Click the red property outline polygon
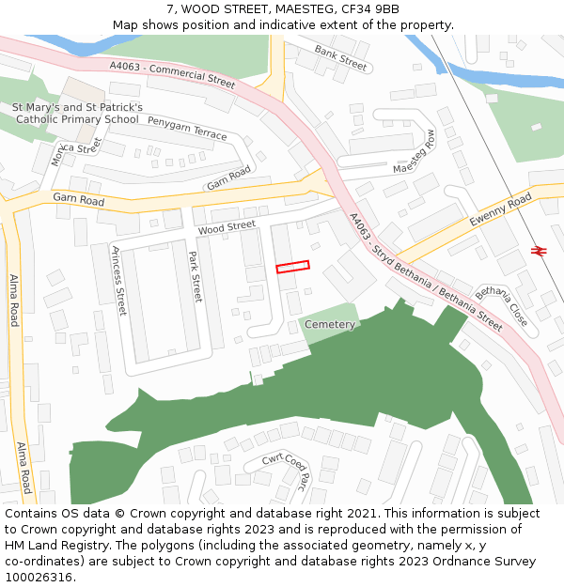[x=292, y=267]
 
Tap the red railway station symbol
[x=539, y=250]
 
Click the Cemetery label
[x=330, y=324]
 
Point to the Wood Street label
[x=227, y=227]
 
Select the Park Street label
[x=196, y=276]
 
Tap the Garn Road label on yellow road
[x=78, y=199]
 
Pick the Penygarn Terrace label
[x=187, y=129]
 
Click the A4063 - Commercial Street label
[x=172, y=75]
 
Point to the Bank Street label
[x=340, y=57]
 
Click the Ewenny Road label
[x=501, y=215]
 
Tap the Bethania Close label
[x=501, y=306]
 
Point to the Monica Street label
[x=75, y=151]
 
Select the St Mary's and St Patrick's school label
[x=77, y=114]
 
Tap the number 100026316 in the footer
[x=40, y=577]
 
